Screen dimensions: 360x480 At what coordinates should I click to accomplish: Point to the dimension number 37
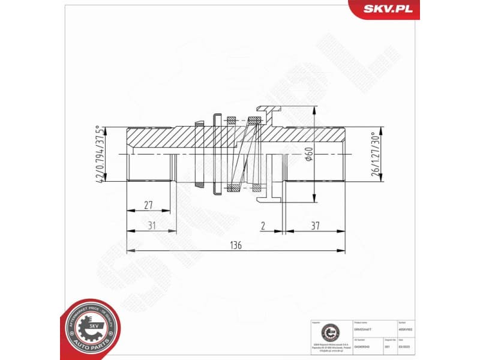point(315,226)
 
